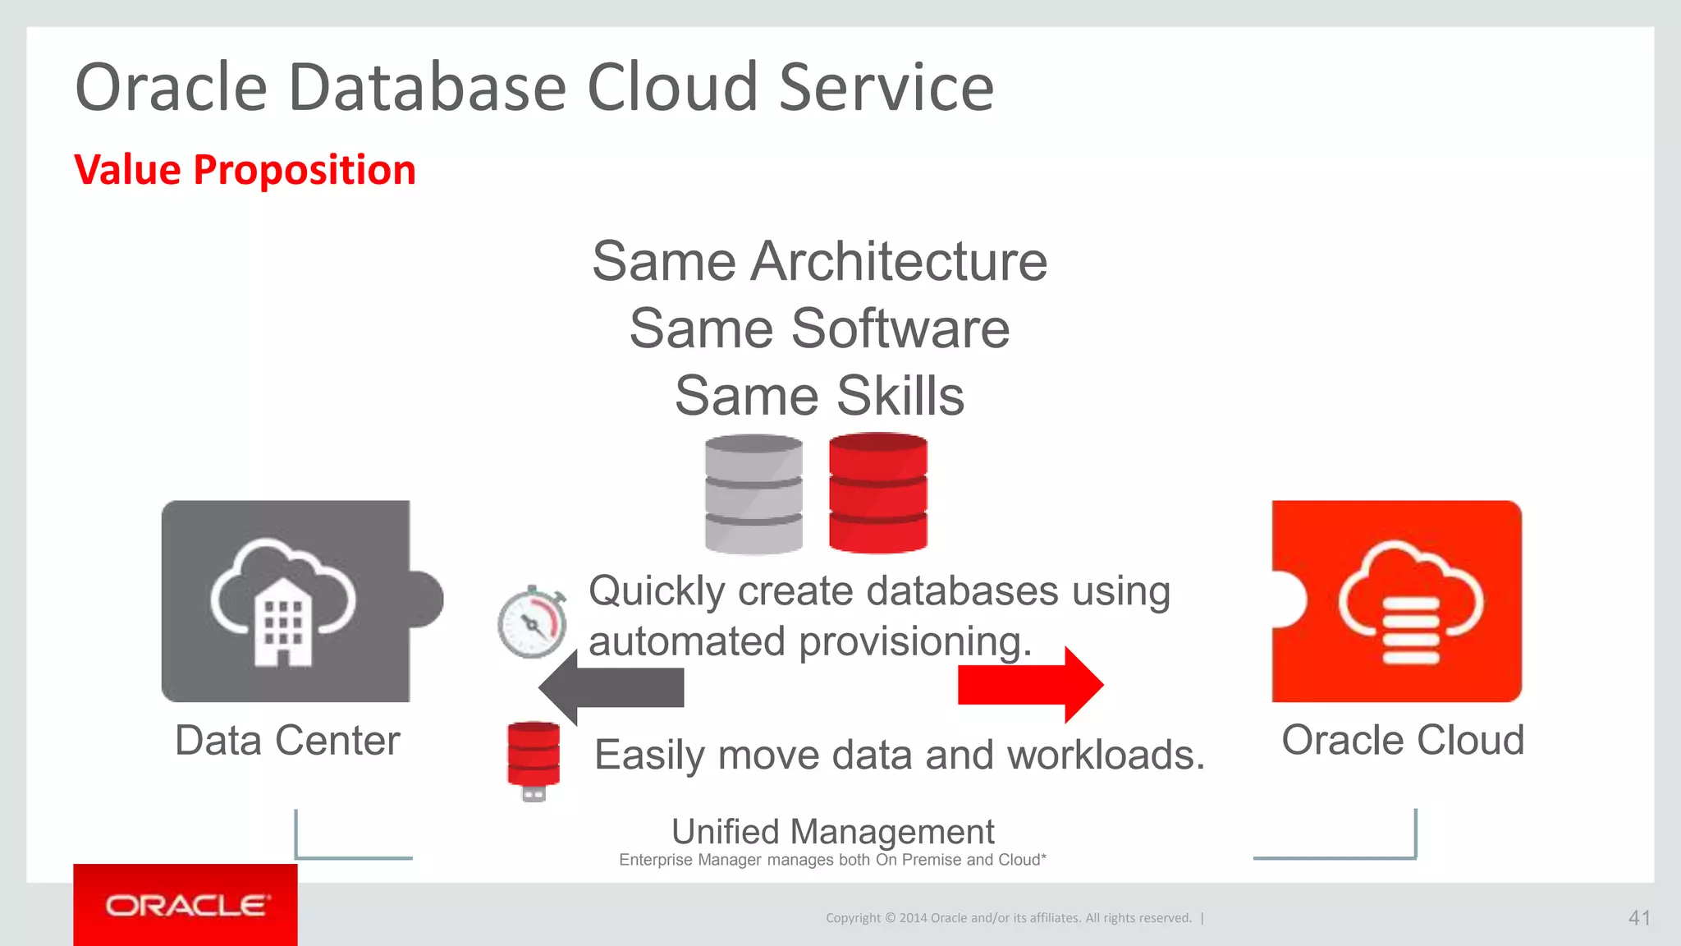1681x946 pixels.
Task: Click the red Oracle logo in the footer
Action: (186, 905)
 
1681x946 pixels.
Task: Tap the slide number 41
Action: (1638, 918)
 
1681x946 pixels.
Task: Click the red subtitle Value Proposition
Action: (245, 170)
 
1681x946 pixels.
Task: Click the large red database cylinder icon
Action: (877, 493)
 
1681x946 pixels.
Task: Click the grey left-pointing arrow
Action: (611, 687)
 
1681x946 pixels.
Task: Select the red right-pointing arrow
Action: (1031, 685)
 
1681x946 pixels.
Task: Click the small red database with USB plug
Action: (534, 760)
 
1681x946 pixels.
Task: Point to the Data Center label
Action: (287, 741)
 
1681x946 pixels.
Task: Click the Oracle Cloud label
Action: (1403, 740)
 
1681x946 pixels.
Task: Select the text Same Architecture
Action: (819, 261)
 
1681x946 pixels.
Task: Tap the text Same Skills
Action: (819, 396)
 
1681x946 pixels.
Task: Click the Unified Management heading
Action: (832, 832)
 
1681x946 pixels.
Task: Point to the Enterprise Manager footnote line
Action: (832, 860)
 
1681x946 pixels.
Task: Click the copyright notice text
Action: (1009, 918)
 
